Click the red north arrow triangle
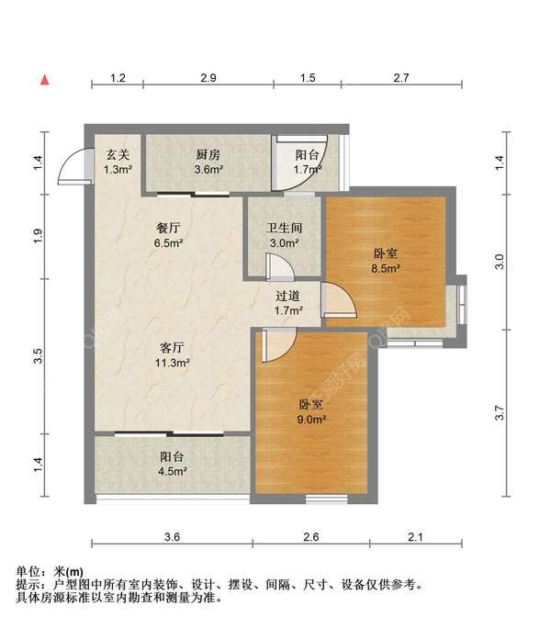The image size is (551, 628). pos(45,80)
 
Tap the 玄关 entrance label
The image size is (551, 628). pos(118,154)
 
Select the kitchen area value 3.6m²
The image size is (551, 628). pos(208,170)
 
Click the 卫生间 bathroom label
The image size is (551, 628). pos(284,228)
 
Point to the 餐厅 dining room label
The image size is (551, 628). pos(168,228)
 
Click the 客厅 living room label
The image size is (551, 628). pos(172,347)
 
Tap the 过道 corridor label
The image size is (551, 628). pos(287,296)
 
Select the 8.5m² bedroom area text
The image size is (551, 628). pos(386,269)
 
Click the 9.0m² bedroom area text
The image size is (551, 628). pos(311,420)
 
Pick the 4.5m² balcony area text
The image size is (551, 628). pos(173,471)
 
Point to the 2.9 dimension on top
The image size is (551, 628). pos(208,78)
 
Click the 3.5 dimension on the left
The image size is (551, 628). pos(38,356)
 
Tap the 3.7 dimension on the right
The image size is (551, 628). pos(500,413)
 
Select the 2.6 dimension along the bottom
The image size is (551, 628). pos(311,537)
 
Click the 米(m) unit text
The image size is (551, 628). pos(68,571)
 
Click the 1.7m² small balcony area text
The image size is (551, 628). pos(308,170)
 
